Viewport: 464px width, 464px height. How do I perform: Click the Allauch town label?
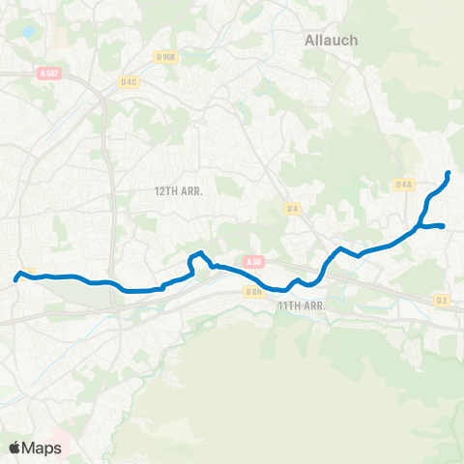tap(331, 41)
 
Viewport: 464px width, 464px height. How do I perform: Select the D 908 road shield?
tap(167, 57)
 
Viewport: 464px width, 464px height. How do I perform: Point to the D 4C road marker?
tap(129, 82)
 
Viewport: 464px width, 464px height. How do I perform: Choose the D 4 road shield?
tap(293, 208)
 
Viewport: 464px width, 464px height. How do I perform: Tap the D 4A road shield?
tap(404, 184)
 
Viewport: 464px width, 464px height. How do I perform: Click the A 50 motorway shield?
tap(253, 261)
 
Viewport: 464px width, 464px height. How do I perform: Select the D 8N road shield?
tap(253, 291)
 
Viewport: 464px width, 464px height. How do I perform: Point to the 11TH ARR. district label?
tap(300, 305)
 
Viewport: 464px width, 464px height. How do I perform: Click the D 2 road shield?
tap(442, 301)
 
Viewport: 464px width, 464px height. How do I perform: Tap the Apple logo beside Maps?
tap(14, 448)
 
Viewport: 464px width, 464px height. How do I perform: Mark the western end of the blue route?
tap(16, 280)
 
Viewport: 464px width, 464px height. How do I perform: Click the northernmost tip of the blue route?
tap(449, 174)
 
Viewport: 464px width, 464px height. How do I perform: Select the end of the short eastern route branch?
tap(443, 226)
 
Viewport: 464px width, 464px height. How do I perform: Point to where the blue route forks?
tap(421, 226)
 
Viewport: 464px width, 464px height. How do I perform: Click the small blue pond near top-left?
tap(27, 32)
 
